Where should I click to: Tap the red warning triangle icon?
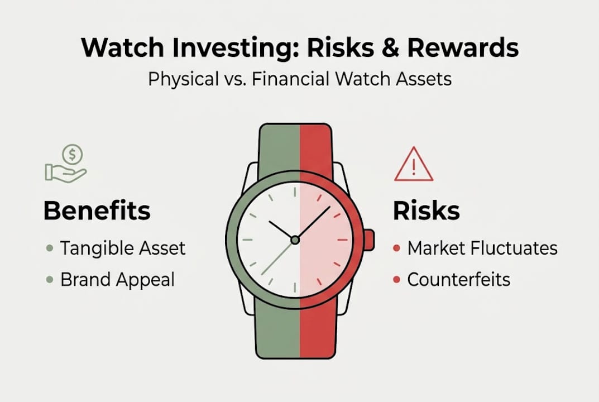tap(413, 165)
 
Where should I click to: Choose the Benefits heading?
tap(97, 211)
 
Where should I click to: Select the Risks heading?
tap(427, 211)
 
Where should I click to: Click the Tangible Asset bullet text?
tap(122, 248)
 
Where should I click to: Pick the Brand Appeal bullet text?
tap(117, 279)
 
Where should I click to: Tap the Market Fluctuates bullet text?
tap(482, 248)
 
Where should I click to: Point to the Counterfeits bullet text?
tap(458, 279)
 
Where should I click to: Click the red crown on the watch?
tap(369, 240)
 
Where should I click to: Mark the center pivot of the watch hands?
tap(295, 240)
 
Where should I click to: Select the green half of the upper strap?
tap(279, 146)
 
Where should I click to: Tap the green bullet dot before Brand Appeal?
tap(49, 279)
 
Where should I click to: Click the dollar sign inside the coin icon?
tap(73, 153)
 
